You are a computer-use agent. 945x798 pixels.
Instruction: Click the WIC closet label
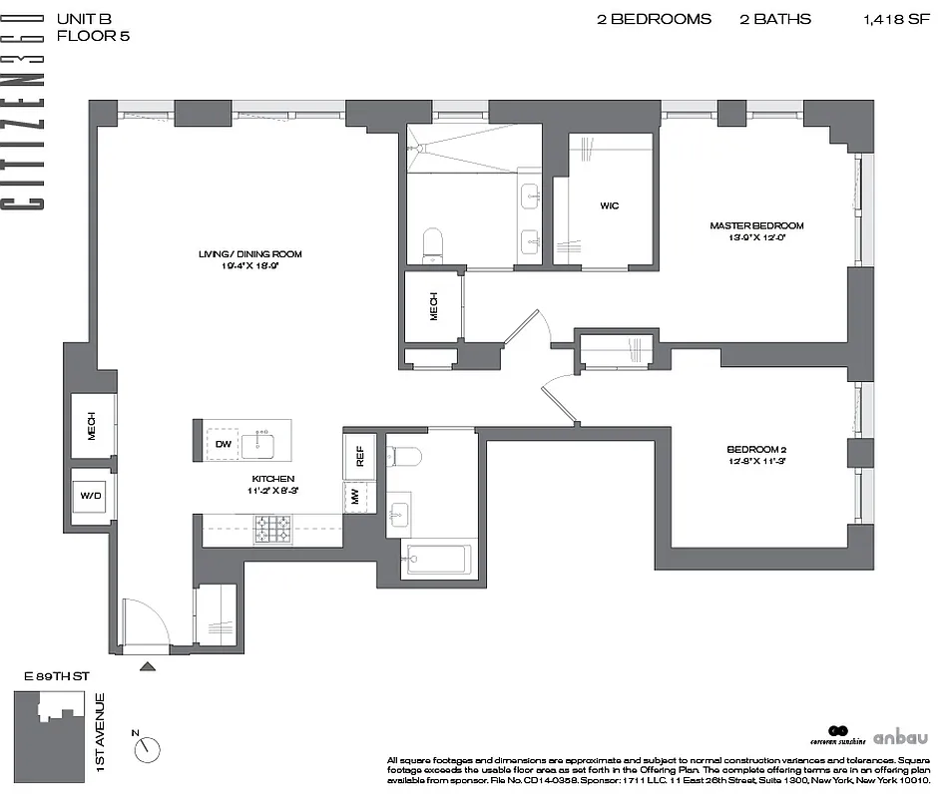[609, 206]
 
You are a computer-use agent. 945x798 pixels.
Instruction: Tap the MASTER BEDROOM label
[755, 225]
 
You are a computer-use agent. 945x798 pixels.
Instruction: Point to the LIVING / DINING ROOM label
[249, 254]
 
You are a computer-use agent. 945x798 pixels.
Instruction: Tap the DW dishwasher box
[223, 444]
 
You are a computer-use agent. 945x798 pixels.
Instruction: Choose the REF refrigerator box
[359, 456]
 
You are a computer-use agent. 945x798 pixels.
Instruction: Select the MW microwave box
[353, 496]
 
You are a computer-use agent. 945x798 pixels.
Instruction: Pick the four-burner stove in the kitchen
[272, 529]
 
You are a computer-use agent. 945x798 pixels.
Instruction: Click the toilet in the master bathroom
[432, 244]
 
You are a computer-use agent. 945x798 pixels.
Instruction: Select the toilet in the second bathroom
[405, 457]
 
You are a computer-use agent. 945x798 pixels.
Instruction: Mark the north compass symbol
[149, 745]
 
